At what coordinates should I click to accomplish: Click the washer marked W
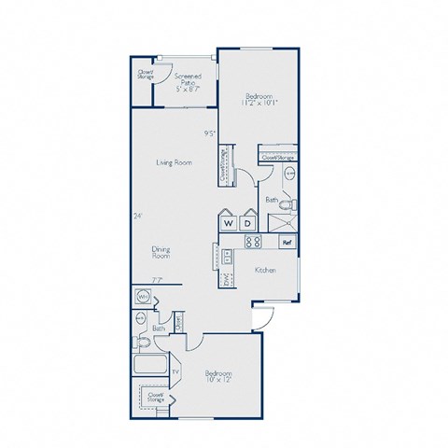[x=228, y=223]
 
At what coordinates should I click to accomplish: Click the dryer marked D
[x=247, y=223]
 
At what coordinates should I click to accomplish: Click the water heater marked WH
[x=144, y=298]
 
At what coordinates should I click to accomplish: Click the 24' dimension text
[x=137, y=217]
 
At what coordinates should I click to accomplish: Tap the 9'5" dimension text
[x=211, y=133]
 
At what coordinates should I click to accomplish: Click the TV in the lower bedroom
[x=175, y=371]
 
